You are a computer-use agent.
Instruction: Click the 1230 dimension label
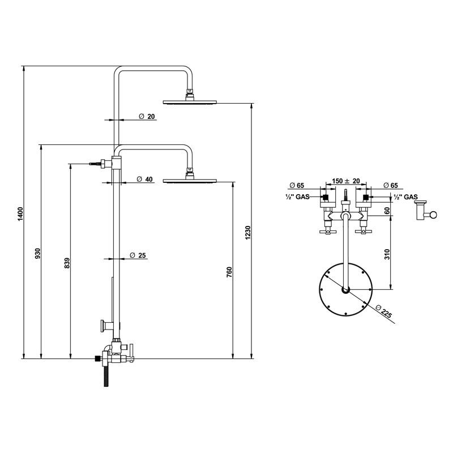coord(247,232)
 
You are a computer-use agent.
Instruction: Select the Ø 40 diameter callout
coord(145,179)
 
